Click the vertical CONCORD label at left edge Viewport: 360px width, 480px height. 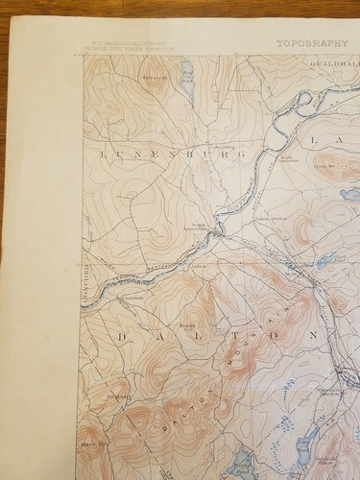click(x=85, y=284)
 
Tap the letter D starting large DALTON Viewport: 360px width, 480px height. click(x=121, y=337)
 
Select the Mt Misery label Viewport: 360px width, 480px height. click(x=117, y=395)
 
